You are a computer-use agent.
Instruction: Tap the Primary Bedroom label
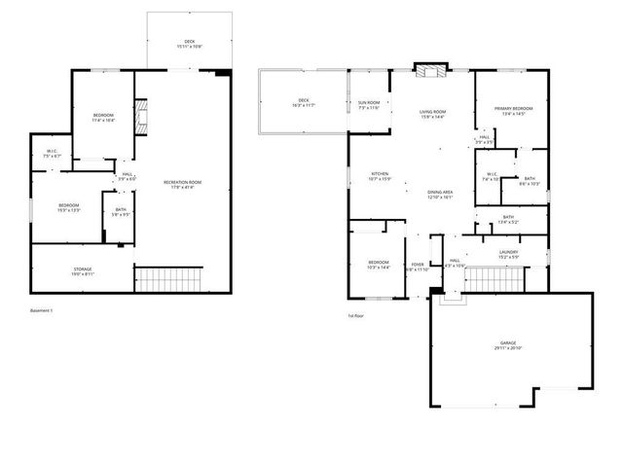pyautogui.click(x=512, y=110)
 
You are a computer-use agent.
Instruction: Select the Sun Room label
pyautogui.click(x=369, y=104)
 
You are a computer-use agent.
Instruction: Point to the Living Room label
pyautogui.click(x=432, y=114)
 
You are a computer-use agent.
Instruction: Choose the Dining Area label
pyautogui.click(x=441, y=194)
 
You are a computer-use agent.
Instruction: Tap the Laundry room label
pyautogui.click(x=508, y=254)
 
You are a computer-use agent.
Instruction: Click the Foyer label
pyautogui.click(x=417, y=266)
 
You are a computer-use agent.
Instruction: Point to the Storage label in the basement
pyautogui.click(x=83, y=270)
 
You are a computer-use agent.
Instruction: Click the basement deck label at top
pyautogui.click(x=189, y=44)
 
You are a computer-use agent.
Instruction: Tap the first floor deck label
pyautogui.click(x=304, y=103)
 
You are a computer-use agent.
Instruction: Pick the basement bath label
pyautogui.click(x=121, y=211)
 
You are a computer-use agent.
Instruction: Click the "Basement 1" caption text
pyautogui.click(x=42, y=310)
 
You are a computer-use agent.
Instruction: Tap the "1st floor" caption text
pyautogui.click(x=356, y=316)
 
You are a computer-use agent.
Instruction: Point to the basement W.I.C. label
pyautogui.click(x=53, y=153)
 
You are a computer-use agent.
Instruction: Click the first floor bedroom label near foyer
pyautogui.click(x=379, y=265)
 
